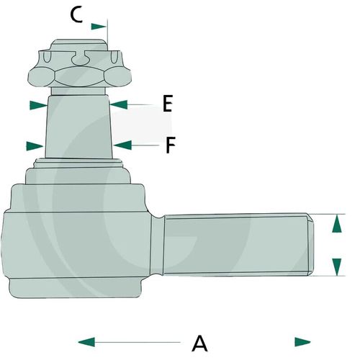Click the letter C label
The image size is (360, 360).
[76, 15]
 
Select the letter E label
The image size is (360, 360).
[168, 104]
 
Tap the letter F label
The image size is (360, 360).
[171, 145]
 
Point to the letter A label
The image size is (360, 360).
[199, 343]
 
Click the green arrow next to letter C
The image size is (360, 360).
[99, 27]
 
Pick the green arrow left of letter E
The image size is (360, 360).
[119, 104]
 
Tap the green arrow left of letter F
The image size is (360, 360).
[122, 145]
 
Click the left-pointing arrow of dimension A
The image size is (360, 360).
[86, 342]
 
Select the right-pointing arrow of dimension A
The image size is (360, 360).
[302, 342]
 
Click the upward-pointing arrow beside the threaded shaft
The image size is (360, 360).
[337, 224]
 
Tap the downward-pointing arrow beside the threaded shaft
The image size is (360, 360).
[337, 267]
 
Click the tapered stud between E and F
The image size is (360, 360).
[78, 127]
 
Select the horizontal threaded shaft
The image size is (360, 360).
[238, 245]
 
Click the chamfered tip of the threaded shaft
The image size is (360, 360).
[310, 245]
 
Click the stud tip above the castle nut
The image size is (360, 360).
[79, 45]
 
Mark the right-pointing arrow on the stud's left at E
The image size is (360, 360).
[38, 105]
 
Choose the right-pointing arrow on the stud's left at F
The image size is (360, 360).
[35, 146]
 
